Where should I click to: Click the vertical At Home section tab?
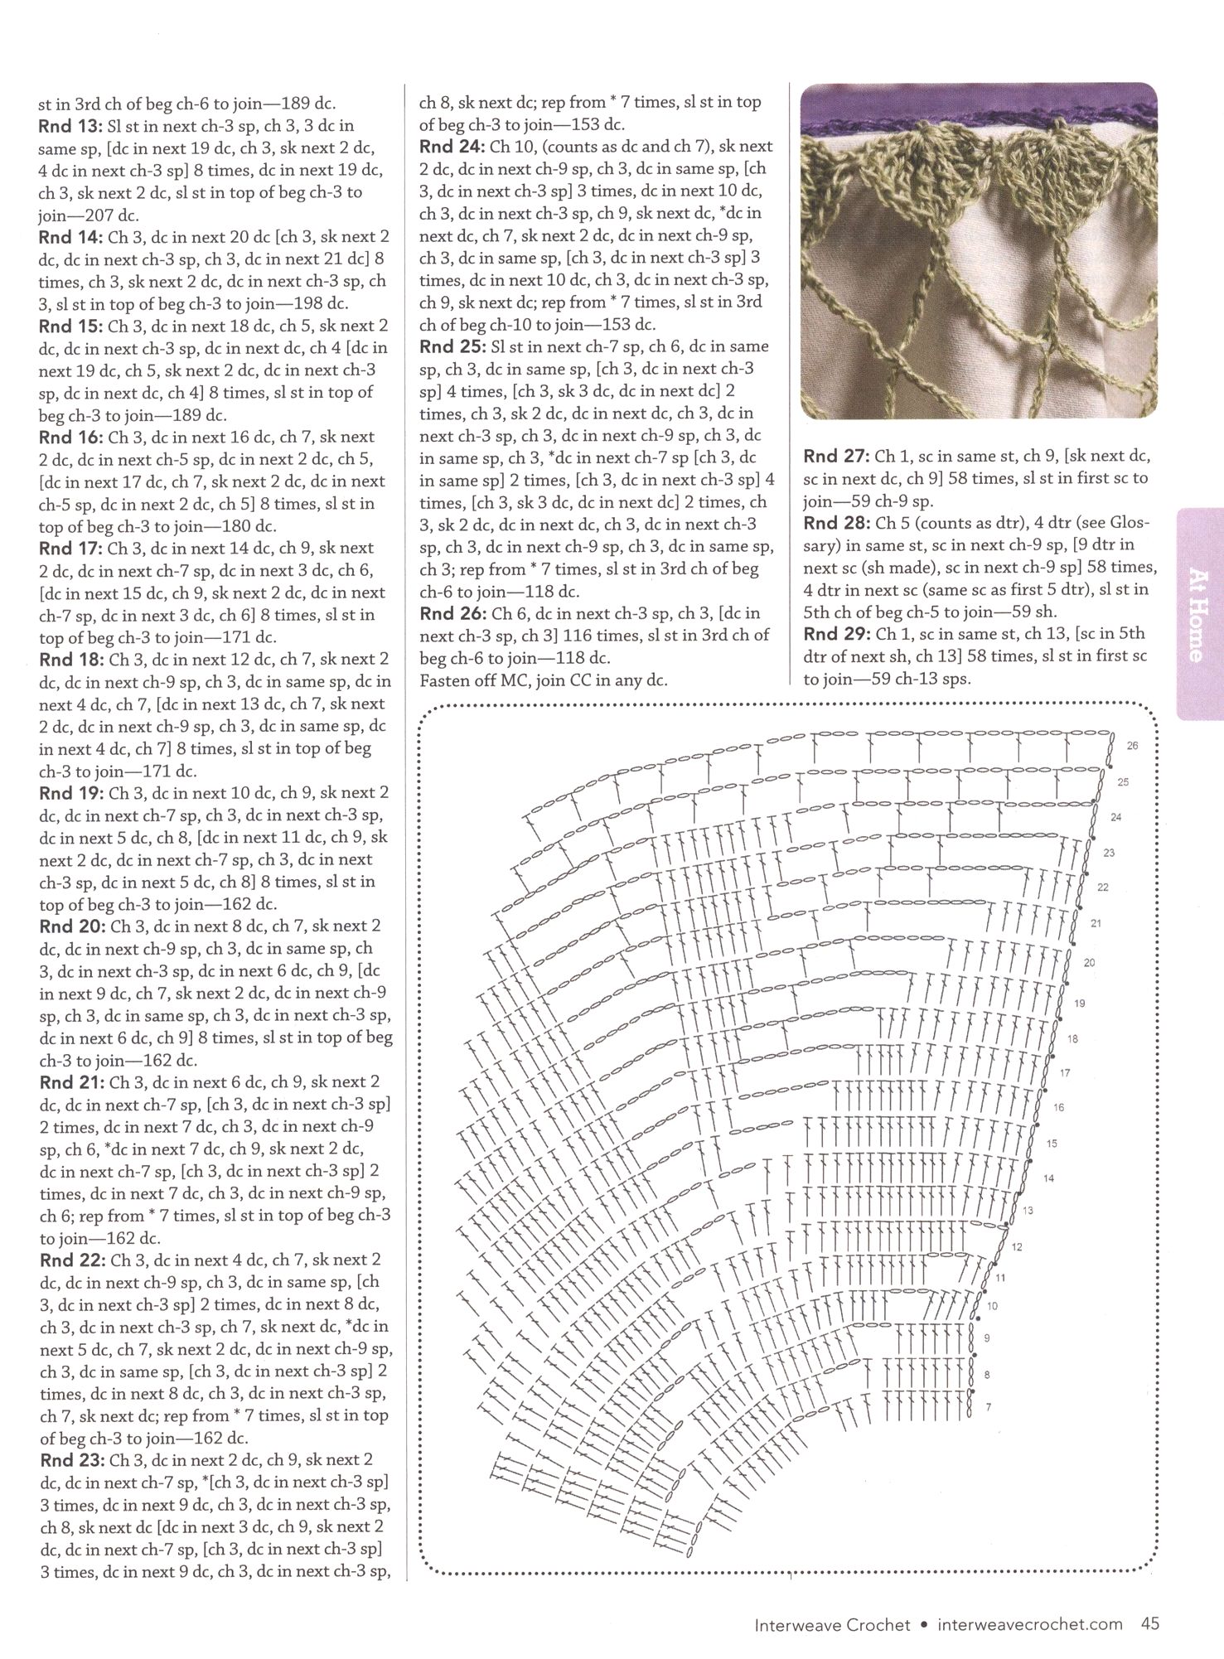tap(1197, 614)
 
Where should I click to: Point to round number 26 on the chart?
tap(1132, 746)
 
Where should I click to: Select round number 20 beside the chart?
tap(1089, 963)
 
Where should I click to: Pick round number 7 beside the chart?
tap(988, 1407)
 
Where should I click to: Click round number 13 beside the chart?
tap(1028, 1212)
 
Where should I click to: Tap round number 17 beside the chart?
tap(1065, 1073)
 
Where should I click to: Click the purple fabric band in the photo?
tap(978, 104)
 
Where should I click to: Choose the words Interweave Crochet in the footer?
tap(831, 1625)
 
